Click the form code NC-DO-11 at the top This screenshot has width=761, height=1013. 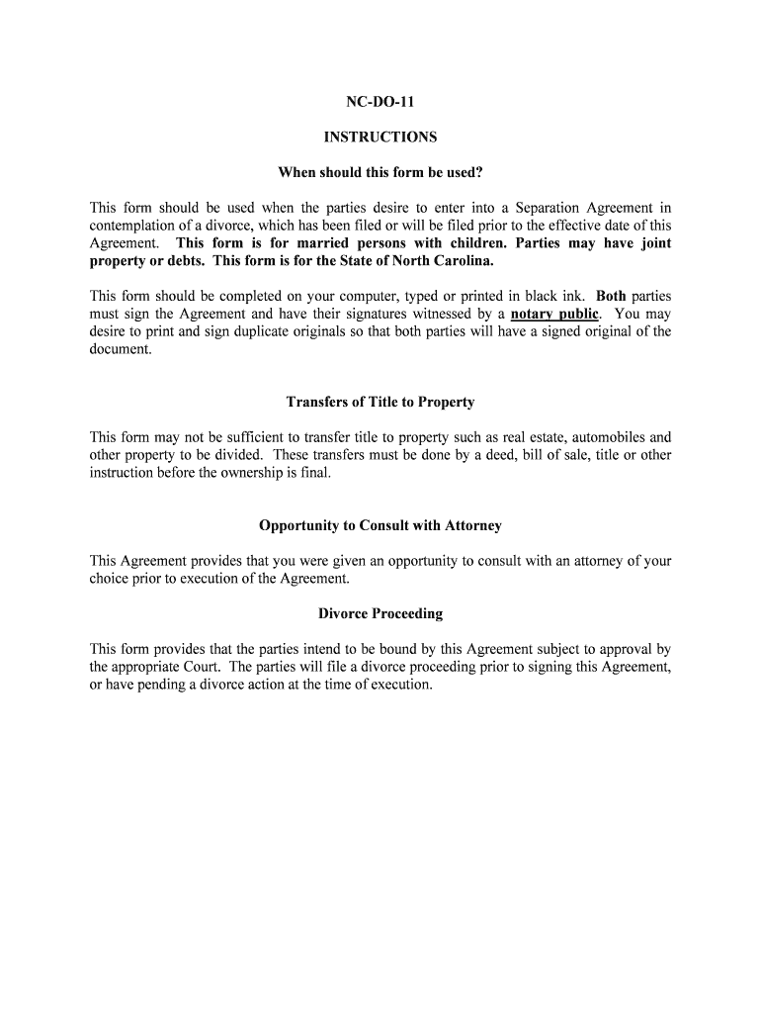380,102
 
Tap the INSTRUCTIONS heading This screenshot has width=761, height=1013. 380,138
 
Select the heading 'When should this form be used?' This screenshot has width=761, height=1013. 380,173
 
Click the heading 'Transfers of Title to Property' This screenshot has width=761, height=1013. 380,402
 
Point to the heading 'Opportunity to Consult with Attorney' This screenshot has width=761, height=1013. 380,525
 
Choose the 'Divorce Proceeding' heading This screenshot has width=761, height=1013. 380,613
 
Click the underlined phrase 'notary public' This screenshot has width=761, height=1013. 554,315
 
